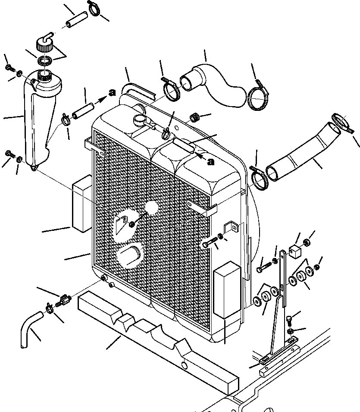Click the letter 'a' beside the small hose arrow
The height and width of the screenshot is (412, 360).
point(112,92)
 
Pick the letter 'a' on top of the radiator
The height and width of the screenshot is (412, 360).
point(210,162)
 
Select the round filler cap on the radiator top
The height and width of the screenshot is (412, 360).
point(140,120)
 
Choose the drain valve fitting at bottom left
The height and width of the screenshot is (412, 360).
point(65,298)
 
